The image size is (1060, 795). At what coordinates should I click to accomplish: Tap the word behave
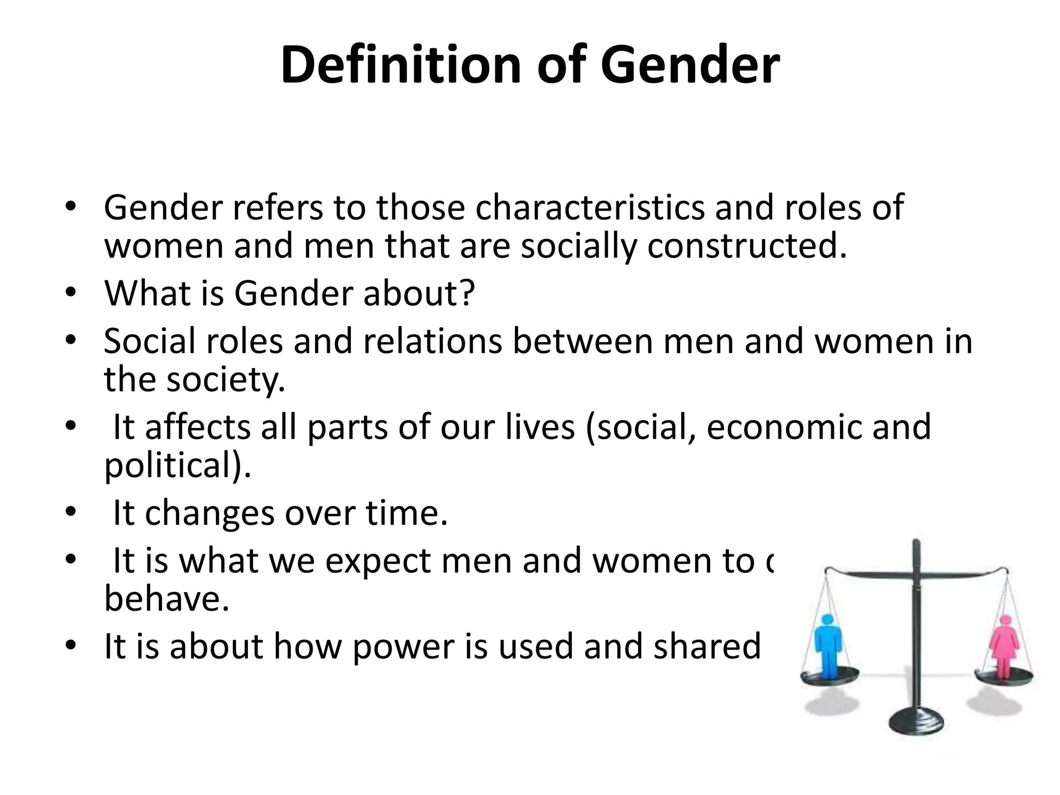pos(166,599)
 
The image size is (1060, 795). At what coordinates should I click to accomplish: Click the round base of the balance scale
pos(916,719)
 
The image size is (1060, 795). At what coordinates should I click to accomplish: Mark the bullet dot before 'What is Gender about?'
pos(71,293)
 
